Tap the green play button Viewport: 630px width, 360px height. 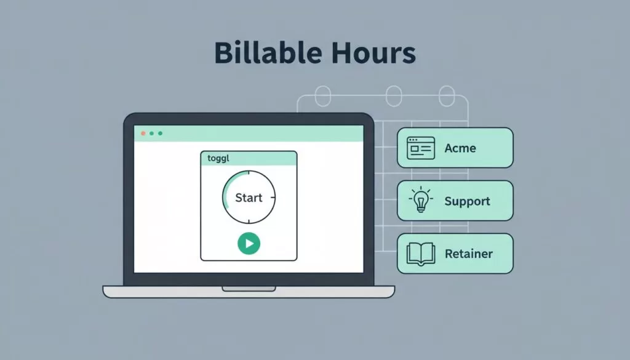coord(249,244)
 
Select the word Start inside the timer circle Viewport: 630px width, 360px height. coord(249,198)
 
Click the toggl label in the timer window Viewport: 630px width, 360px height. coord(218,158)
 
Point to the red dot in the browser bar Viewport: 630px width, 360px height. coord(143,134)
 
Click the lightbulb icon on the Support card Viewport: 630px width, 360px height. coord(421,199)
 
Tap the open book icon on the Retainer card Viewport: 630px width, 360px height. coord(421,254)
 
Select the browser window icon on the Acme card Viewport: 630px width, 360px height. coord(421,148)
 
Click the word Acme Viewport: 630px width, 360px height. coord(460,148)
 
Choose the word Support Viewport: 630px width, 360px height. coord(468,201)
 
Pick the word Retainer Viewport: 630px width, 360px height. coord(468,254)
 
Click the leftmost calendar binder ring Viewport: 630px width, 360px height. coord(322,96)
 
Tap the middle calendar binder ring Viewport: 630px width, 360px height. coord(394,96)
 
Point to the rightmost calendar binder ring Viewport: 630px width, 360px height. coord(447,96)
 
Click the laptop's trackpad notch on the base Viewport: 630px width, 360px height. coord(249,289)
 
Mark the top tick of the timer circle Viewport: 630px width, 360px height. coord(249,172)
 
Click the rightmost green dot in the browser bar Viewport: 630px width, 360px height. coord(161,134)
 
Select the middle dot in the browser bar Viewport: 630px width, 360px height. coord(151,134)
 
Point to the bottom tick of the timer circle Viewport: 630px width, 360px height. coord(249,222)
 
